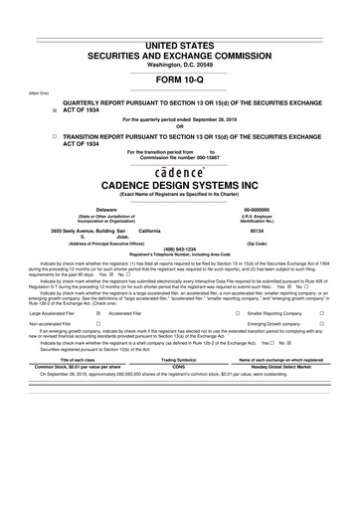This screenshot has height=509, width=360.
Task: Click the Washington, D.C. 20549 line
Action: [x=180, y=36]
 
